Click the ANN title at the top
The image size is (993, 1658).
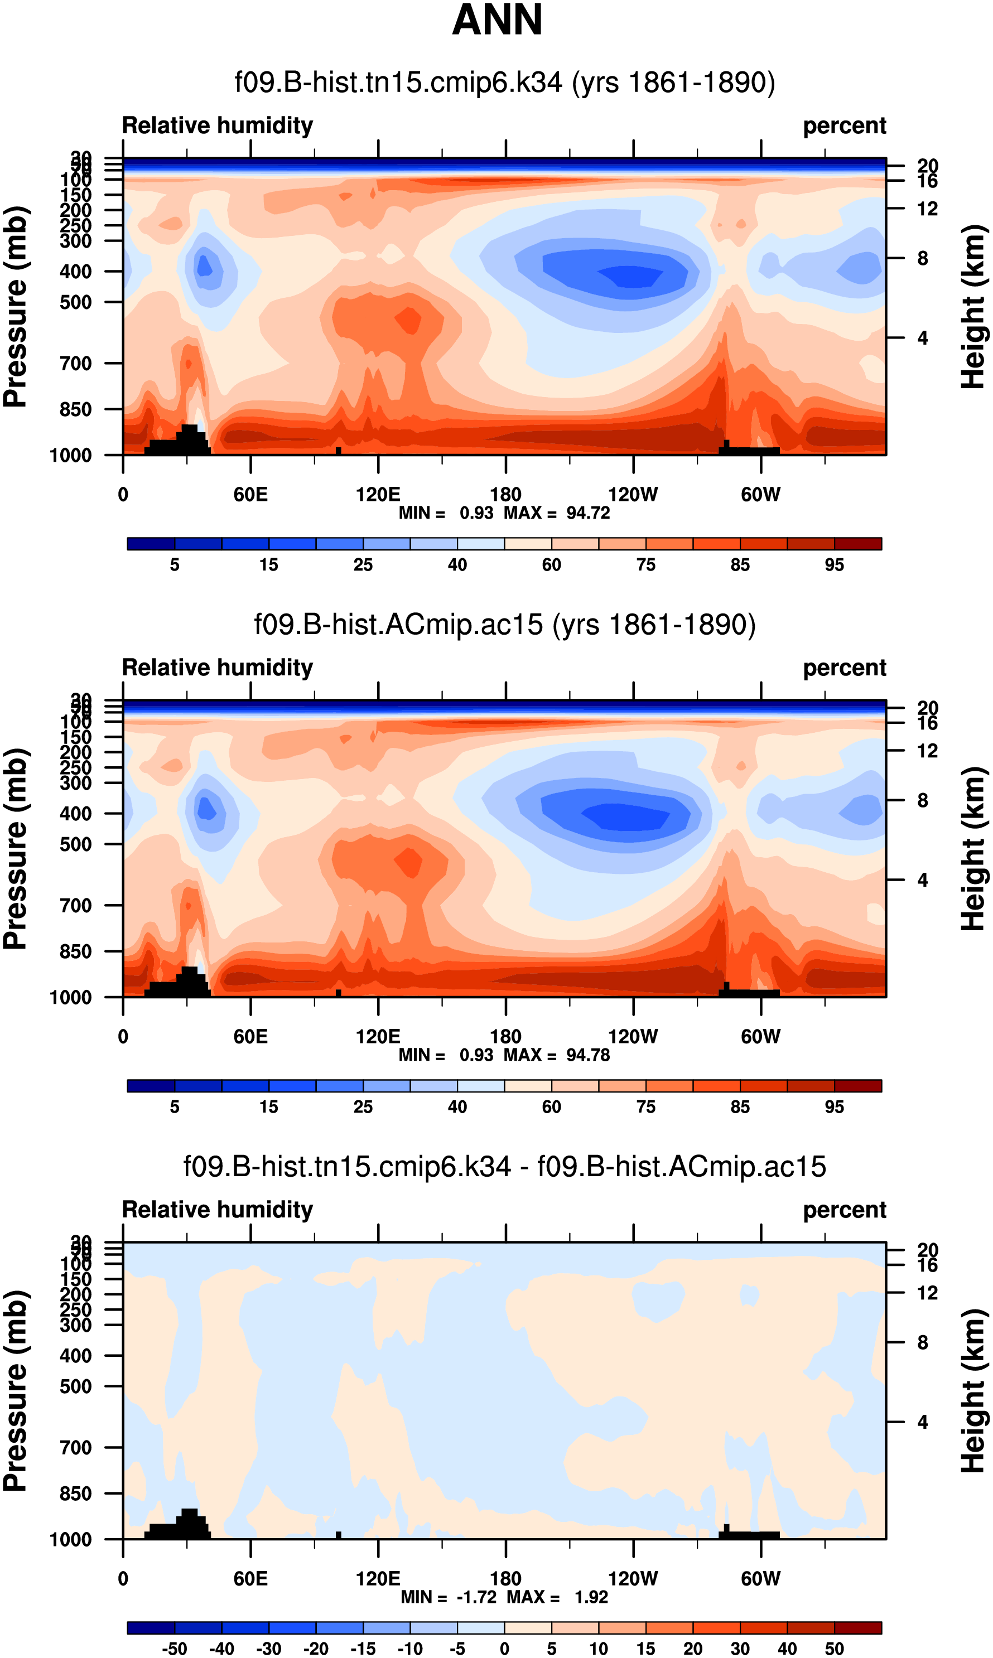[497, 20]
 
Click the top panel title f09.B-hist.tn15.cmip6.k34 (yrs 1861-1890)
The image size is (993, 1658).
[504, 83]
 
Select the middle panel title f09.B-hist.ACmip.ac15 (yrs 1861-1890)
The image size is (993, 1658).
[504, 624]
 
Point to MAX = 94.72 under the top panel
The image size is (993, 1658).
[557, 513]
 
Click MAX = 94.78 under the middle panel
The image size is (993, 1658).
[557, 1055]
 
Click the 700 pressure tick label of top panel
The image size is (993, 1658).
[76, 364]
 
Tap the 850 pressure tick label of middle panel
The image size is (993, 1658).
[76, 951]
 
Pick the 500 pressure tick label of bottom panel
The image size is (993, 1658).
[76, 1386]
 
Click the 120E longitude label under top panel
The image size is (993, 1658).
[378, 495]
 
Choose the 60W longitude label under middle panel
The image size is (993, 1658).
[761, 1037]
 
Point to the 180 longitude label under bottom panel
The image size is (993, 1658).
[505, 1578]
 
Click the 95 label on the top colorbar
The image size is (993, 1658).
[834, 565]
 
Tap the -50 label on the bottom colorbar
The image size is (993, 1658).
[174, 1649]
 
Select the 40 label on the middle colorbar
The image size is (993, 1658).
[457, 1107]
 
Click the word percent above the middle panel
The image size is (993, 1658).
[845, 668]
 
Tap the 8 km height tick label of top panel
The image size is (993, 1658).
[923, 258]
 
